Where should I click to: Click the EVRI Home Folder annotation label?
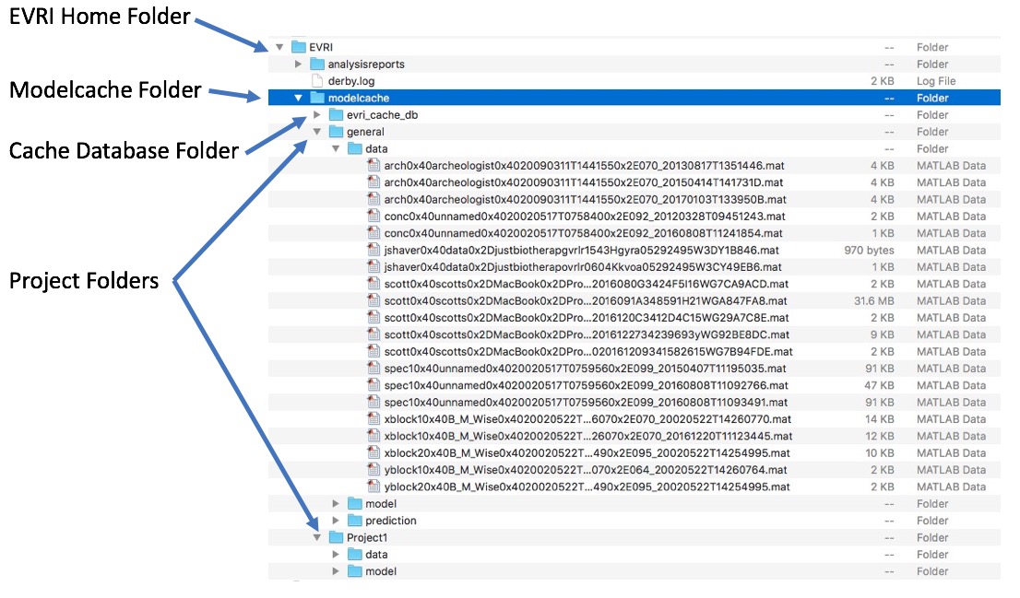click(100, 17)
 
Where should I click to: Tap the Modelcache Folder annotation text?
click(105, 89)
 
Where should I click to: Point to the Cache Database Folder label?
click(124, 150)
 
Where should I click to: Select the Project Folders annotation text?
click(84, 281)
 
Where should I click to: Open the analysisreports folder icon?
click(317, 64)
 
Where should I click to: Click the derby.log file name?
click(351, 81)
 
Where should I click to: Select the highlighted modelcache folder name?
click(359, 99)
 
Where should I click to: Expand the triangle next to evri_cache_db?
click(317, 115)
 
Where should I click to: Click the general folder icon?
click(336, 132)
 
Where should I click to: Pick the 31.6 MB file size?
click(873, 301)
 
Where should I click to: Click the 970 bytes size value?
click(869, 251)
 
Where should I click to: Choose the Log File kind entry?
click(936, 81)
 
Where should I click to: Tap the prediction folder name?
click(390, 521)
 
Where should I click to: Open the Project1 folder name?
click(367, 537)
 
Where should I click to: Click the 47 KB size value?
click(880, 385)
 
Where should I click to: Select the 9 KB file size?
click(883, 334)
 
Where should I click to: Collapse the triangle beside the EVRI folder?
click(279, 47)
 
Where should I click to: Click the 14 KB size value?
click(880, 419)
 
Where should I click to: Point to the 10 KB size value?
click(880, 453)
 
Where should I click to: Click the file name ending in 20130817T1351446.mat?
click(584, 166)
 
